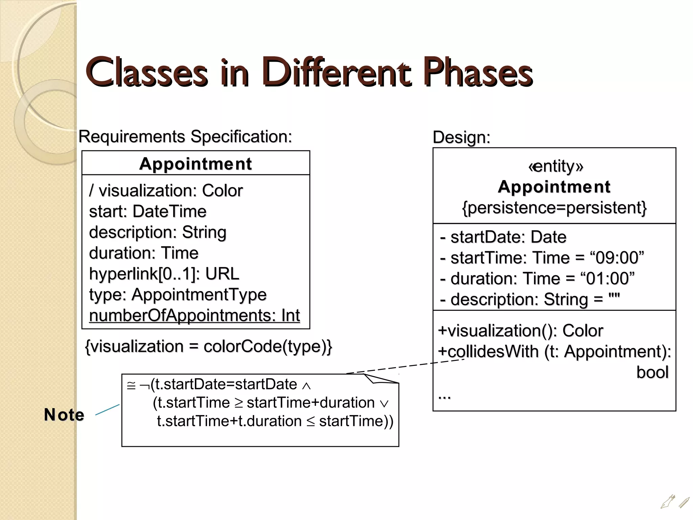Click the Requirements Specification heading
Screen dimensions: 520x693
click(185, 137)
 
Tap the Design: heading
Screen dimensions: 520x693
click(461, 137)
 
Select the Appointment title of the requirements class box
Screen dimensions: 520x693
click(196, 164)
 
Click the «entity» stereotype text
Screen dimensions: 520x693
click(556, 166)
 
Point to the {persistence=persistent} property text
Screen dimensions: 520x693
click(554, 208)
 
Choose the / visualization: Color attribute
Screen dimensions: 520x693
click(166, 191)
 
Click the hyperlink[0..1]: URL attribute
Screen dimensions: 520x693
click(164, 274)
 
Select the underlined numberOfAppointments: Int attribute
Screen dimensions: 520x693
click(194, 316)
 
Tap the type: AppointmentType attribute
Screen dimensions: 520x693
click(178, 295)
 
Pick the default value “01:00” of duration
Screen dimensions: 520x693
click(607, 279)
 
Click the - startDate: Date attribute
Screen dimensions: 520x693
click(503, 237)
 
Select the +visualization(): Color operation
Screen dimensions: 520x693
click(520, 331)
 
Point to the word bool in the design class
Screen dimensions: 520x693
click(652, 372)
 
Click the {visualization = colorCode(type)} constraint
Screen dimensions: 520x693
click(208, 346)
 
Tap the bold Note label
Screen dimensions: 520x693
click(64, 415)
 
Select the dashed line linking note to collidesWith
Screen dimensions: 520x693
click(406, 366)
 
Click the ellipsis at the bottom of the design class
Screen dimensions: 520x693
click(444, 396)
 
